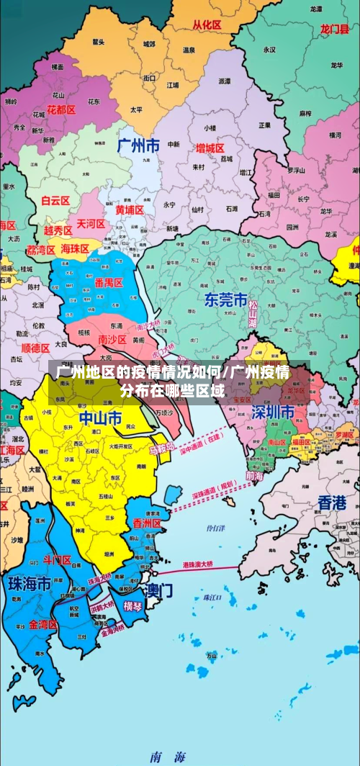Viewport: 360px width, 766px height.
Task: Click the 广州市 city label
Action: pos(138,145)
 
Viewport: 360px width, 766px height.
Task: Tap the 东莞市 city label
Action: pos(225,299)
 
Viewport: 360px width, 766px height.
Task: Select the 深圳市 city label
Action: pos(272,413)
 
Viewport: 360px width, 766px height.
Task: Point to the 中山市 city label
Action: pos(100,418)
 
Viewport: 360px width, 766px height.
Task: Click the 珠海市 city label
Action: pos(29,583)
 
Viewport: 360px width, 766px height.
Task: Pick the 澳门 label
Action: pos(158,591)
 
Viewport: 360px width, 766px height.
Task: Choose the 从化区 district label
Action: pos(207,24)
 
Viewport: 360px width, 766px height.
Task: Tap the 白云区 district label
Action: pos(55,202)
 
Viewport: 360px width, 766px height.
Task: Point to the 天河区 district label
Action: pos(91,224)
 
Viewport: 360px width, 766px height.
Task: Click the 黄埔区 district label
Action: pos(130,209)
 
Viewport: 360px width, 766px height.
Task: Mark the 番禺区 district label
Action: pos(108,283)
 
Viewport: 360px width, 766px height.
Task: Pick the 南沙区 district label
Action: pos(112,339)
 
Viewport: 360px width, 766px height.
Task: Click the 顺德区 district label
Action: pos(35,346)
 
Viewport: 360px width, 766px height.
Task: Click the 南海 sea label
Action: pos(167,757)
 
